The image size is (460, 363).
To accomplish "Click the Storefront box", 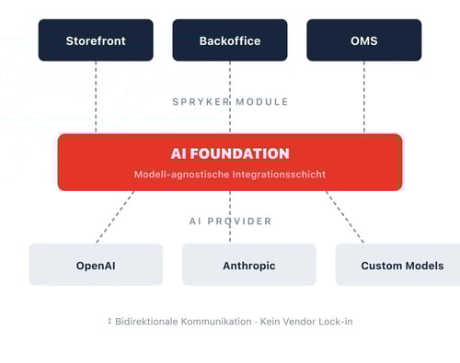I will coord(96,40).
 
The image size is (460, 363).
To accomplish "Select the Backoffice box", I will coord(230,40).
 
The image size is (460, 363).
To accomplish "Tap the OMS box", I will coord(363,40).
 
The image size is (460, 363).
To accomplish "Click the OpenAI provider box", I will coord(96,266).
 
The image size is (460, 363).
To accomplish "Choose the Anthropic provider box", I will coord(248,266).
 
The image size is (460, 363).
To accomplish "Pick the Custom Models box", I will coord(397,266).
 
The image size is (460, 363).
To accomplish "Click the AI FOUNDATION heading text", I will coord(230,154).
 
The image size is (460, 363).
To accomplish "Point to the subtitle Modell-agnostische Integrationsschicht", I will coord(230,175).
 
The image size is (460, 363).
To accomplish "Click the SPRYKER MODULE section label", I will coord(230,102).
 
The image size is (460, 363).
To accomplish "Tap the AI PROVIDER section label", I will coord(230,221).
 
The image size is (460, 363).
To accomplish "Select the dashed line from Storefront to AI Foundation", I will coord(96,96).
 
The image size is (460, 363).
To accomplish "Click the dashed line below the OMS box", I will coord(363,96).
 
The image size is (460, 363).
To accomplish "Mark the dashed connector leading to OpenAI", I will coord(115,217).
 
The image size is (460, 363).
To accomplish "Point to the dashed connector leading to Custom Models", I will coord(345,217).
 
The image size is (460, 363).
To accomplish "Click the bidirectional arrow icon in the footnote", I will coord(109,322).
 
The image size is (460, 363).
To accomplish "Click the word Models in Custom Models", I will coord(424,266).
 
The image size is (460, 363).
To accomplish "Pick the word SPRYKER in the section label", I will coord(200,102).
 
